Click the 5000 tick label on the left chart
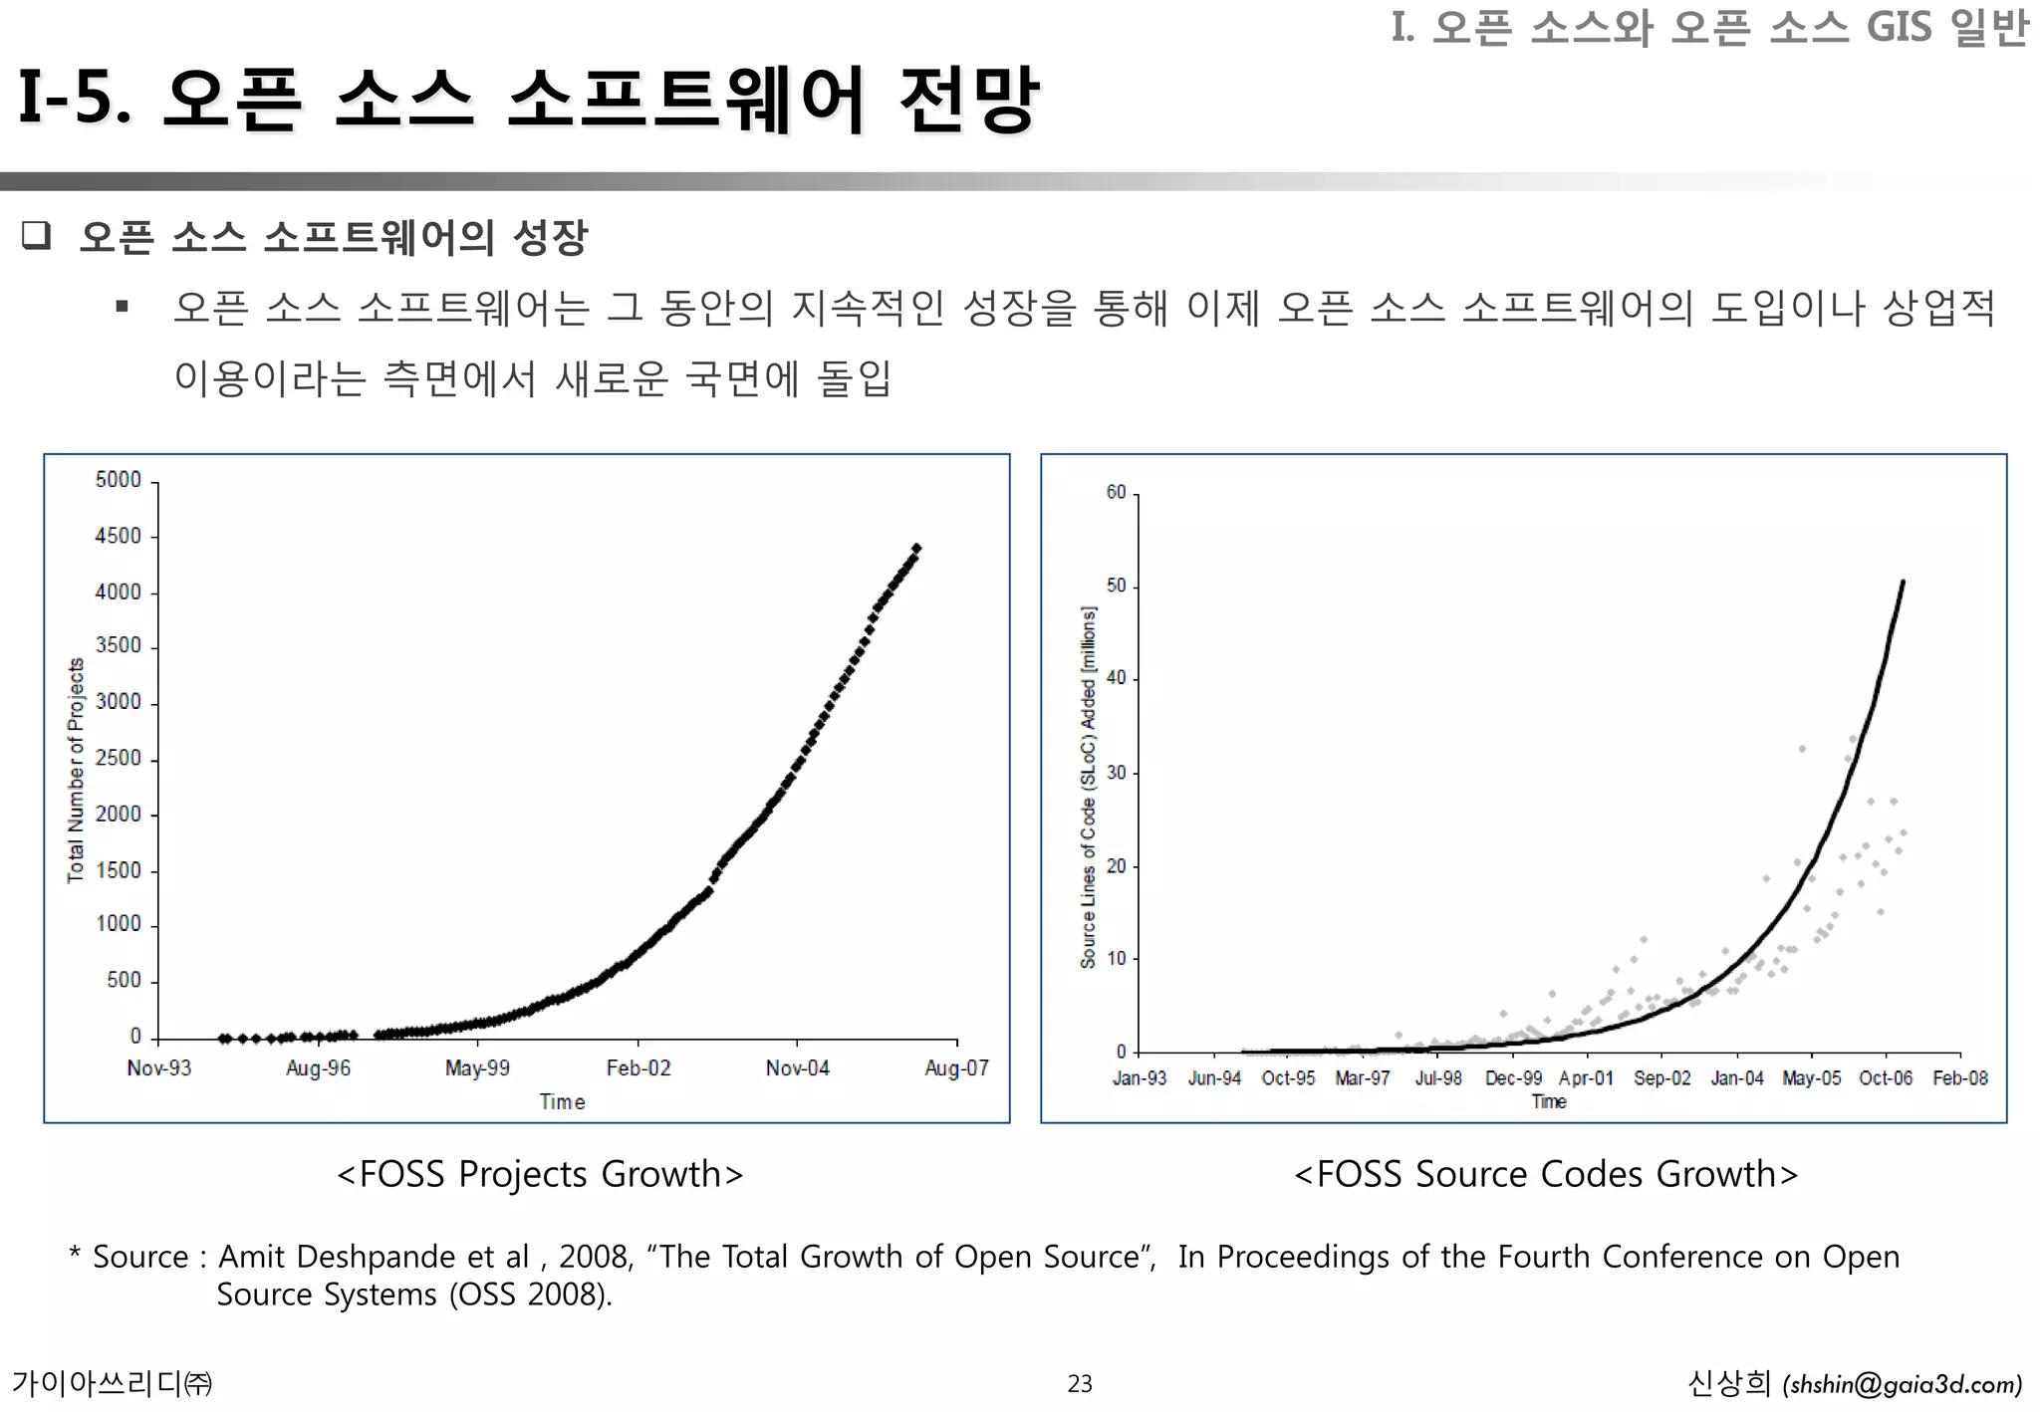[118, 480]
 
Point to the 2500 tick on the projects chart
[118, 758]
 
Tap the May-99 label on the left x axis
[477, 1068]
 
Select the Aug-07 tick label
[956, 1068]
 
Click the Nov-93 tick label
[158, 1068]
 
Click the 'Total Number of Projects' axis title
[76, 770]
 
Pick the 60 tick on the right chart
[1116, 492]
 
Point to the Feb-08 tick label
[1959, 1078]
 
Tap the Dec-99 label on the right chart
[1513, 1078]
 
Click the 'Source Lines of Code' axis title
[1088, 787]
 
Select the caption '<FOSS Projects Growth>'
[540, 1175]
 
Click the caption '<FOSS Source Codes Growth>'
[1545, 1175]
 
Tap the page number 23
[1080, 1384]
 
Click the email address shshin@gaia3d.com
[1903, 1385]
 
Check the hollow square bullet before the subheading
[37, 236]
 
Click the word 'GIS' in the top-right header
[1899, 27]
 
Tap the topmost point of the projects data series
[916, 548]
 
